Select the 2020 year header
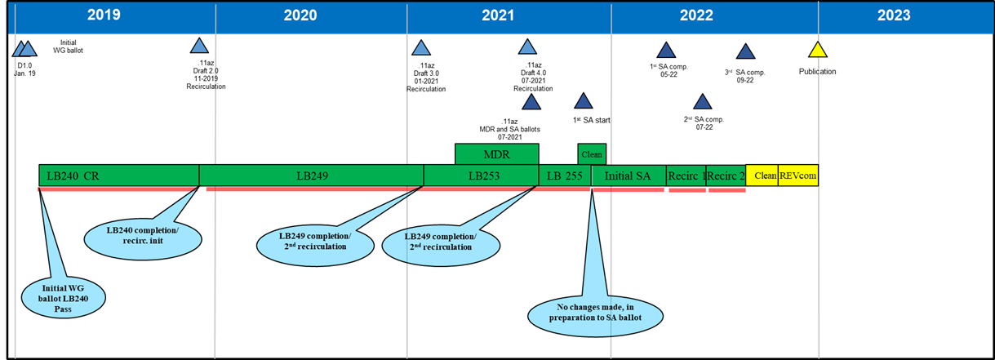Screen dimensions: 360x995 (x=300, y=15)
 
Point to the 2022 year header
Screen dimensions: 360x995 (x=695, y=15)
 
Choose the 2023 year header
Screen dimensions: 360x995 (x=894, y=15)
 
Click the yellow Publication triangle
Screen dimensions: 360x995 (x=818, y=51)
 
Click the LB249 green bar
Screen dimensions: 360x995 (x=311, y=176)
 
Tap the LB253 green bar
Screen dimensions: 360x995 (x=481, y=176)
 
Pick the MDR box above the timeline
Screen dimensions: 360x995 (x=496, y=154)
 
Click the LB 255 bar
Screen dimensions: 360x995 (x=565, y=176)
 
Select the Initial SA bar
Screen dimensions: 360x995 (x=629, y=176)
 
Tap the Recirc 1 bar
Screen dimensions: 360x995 (x=686, y=176)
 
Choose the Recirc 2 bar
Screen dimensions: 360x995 (x=726, y=176)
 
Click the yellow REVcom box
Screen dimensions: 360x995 (x=797, y=176)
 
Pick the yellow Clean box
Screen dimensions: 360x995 (x=762, y=176)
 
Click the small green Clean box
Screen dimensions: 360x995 (x=592, y=153)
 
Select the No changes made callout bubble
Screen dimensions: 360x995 (x=596, y=313)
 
